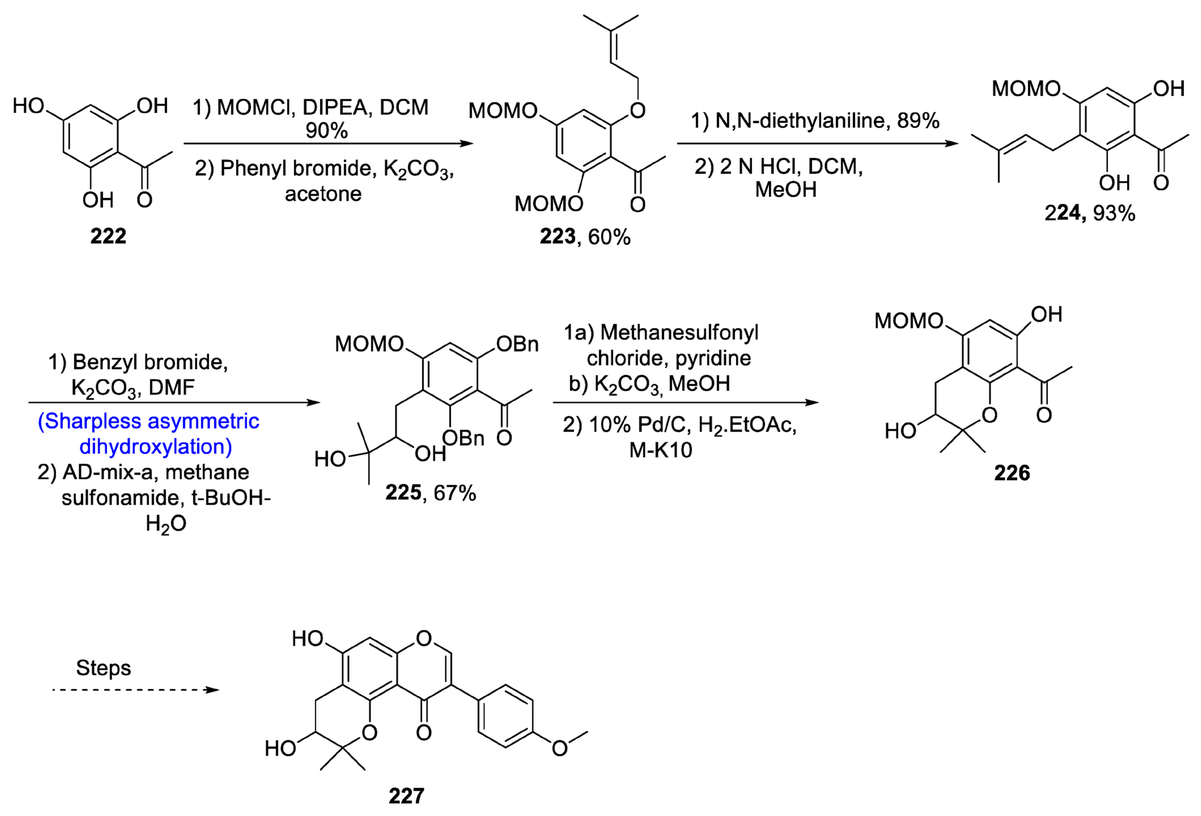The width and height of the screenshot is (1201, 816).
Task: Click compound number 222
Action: (108, 236)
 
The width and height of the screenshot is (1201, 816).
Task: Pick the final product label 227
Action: (406, 796)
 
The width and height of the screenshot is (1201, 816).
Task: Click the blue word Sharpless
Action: (92, 421)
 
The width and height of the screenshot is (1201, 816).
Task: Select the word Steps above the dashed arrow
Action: (103, 668)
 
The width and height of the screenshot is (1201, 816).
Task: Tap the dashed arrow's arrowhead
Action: (212, 689)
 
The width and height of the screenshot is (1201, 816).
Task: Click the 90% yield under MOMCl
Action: (326, 131)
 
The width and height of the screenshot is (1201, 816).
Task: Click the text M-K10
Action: (661, 450)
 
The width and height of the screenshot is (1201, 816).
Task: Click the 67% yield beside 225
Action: (455, 493)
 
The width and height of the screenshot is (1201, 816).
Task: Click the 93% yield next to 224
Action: (1114, 213)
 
